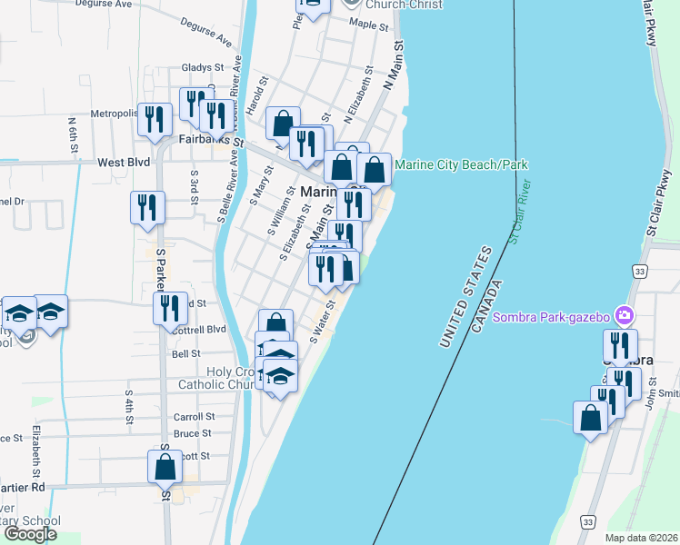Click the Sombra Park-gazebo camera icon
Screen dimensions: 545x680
pos(625,316)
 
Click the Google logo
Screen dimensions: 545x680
pos(30,534)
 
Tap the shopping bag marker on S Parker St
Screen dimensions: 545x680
pos(165,467)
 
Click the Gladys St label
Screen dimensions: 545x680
pos(202,67)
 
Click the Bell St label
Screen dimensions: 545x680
pos(185,353)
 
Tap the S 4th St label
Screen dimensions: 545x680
pos(130,408)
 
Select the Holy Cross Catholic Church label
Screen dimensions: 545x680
pos(221,378)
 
